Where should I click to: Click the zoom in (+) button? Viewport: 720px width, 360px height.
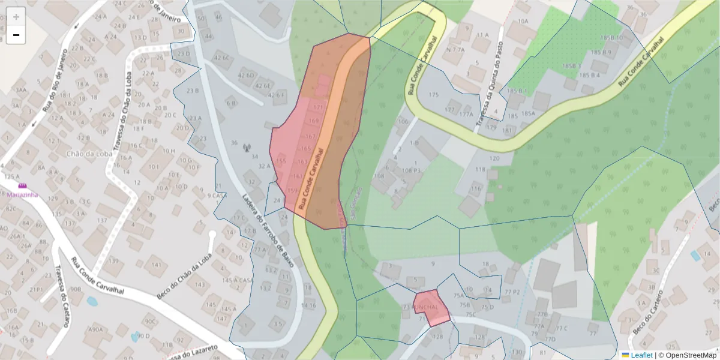coord(16,17)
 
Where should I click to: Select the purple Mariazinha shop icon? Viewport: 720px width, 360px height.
coord(23,187)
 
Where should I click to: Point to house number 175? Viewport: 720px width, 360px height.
coord(434,95)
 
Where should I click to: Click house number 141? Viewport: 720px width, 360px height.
coord(156,265)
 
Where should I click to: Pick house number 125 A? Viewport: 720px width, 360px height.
coord(11,177)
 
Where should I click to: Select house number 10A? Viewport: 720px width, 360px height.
coord(523,21)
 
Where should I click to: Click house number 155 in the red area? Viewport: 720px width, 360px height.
coord(281,161)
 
